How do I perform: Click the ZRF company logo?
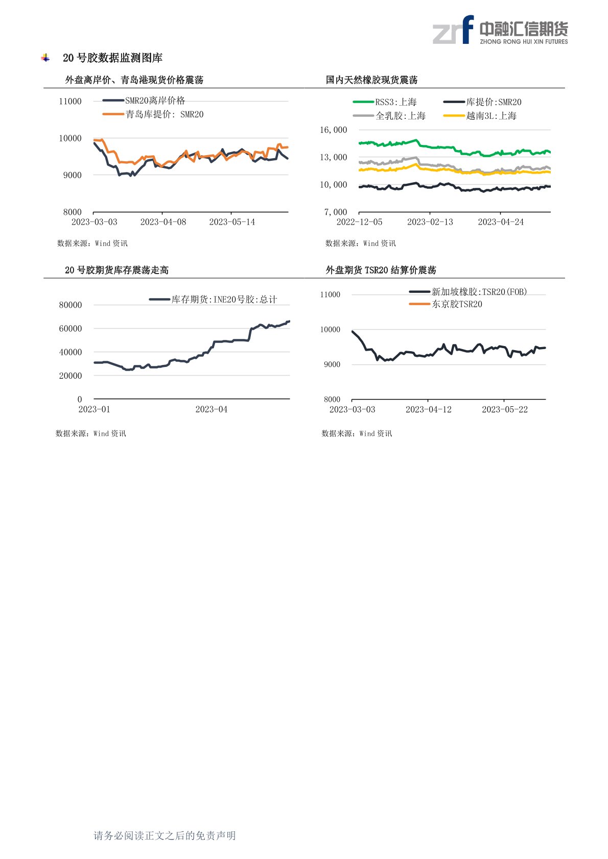[x=500, y=30]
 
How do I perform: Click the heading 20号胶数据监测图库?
[x=112, y=58]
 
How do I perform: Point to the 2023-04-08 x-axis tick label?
[x=163, y=222]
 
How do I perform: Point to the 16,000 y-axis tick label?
[x=333, y=130]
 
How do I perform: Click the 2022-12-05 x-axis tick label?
[x=359, y=222]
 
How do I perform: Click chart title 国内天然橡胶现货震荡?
[x=371, y=80]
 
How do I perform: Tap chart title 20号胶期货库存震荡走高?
[x=116, y=270]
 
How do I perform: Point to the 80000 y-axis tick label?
[x=71, y=305]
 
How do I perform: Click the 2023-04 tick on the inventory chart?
[x=211, y=409]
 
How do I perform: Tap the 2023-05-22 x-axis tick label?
[x=505, y=409]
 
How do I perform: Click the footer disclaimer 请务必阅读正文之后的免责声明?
[x=165, y=836]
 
